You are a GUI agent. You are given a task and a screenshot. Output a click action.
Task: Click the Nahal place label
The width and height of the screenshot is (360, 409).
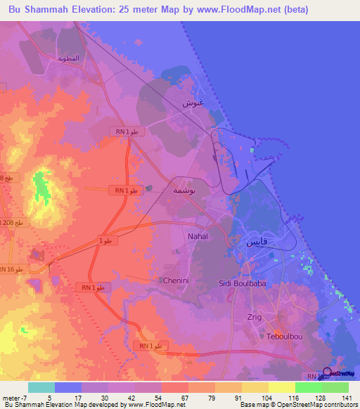coord(198,237)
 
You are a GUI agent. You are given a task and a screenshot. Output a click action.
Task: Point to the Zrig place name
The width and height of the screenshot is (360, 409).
coord(254,317)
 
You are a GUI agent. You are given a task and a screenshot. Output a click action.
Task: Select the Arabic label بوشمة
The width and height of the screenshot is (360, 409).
coord(184,190)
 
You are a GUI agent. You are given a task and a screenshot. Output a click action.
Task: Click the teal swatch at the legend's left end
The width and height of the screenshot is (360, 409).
coord(41,387)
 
